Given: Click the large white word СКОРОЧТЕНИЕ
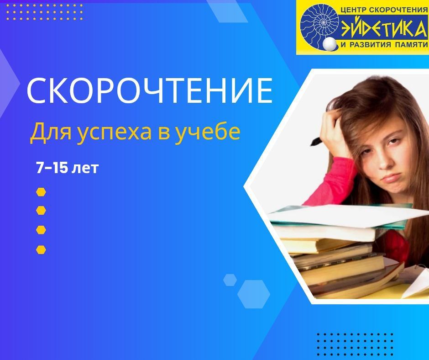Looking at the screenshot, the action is coord(150,90).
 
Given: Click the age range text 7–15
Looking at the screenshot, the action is coord(52,168).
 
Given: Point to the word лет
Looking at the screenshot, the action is coord(84,169).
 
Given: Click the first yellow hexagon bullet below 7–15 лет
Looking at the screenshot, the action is coord(41,192).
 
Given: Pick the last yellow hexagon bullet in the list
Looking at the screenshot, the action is coord(41,249).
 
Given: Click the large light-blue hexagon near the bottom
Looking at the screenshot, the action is coord(254,294).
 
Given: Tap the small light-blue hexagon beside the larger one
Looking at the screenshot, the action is coord(230,280).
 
